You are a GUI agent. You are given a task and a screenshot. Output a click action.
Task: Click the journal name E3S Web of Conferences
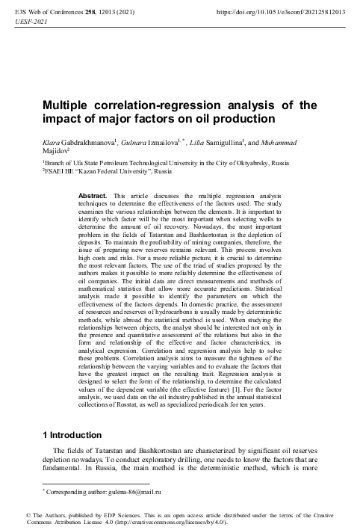(x=44, y=13)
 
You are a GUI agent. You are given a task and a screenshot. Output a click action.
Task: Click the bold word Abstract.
(x=93, y=195)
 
